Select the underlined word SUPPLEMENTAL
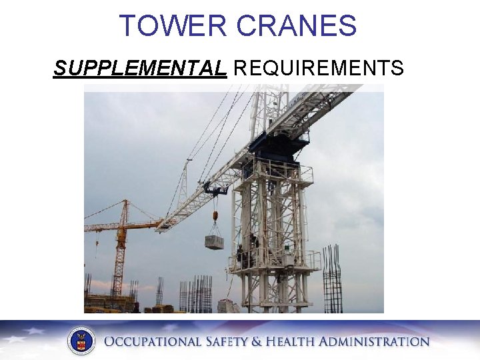click(140, 68)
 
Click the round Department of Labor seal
click(81, 341)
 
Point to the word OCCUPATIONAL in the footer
click(153, 342)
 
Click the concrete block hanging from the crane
click(214, 242)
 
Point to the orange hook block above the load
click(215, 216)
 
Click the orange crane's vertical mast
click(119, 260)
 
